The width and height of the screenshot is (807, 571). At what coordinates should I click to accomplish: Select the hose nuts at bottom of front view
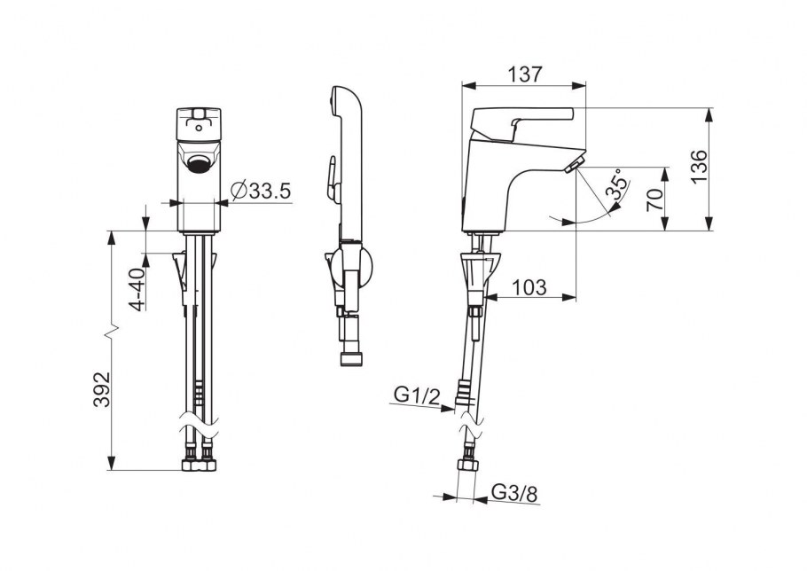coord(200,465)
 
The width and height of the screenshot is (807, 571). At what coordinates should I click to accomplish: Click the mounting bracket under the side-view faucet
coord(479,270)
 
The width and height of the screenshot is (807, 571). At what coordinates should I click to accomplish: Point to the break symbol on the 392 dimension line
coord(111,333)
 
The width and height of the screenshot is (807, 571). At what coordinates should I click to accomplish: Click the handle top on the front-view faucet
coord(200,113)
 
